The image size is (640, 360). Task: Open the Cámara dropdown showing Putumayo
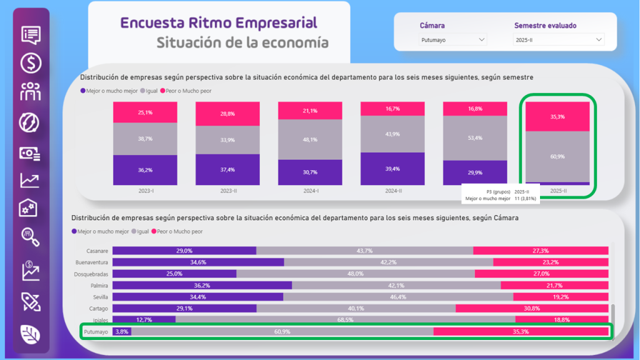(452, 40)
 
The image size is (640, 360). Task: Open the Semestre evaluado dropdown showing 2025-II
(559, 40)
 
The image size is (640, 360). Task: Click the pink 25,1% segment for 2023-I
(145, 112)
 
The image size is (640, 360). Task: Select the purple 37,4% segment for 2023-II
(227, 169)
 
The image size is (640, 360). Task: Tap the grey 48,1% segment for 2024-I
(310, 139)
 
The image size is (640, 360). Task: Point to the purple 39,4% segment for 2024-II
(392, 168)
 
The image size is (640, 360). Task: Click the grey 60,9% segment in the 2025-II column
(557, 156)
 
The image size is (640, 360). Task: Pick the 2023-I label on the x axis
(145, 190)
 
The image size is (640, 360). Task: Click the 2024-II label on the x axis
(392, 190)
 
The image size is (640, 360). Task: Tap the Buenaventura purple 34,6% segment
(198, 262)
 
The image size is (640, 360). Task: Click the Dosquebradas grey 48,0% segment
(355, 274)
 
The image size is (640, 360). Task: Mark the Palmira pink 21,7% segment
(554, 285)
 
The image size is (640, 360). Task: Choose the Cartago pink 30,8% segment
(532, 308)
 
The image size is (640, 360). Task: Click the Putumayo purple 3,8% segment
(121, 331)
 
